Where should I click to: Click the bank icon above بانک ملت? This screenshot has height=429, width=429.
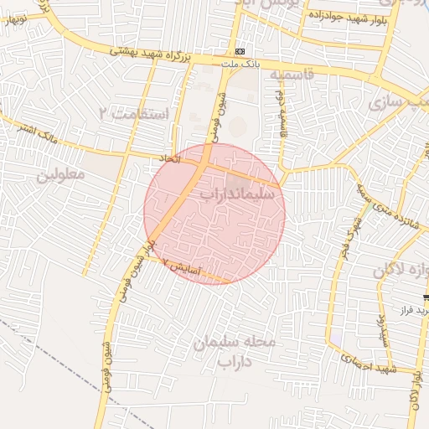pos(240,52)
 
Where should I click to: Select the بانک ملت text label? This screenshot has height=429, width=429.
pos(237,64)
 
